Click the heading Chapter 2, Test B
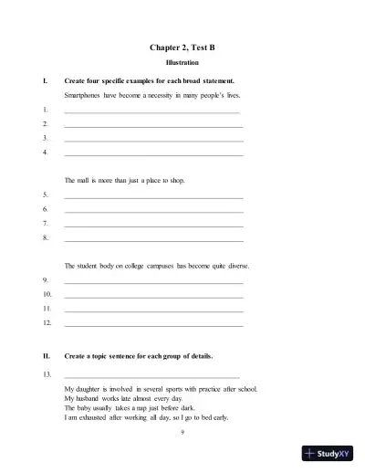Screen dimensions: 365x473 [x=182, y=45]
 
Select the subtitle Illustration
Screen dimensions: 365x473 [x=182, y=63]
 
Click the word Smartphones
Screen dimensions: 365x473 [x=85, y=95]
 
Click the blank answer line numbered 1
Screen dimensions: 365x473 [x=152, y=111]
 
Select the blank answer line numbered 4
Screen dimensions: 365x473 [x=154, y=154]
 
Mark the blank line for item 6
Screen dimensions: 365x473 [x=154, y=209]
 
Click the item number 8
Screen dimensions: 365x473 [x=46, y=237]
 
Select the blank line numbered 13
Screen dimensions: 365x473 [x=152, y=375]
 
